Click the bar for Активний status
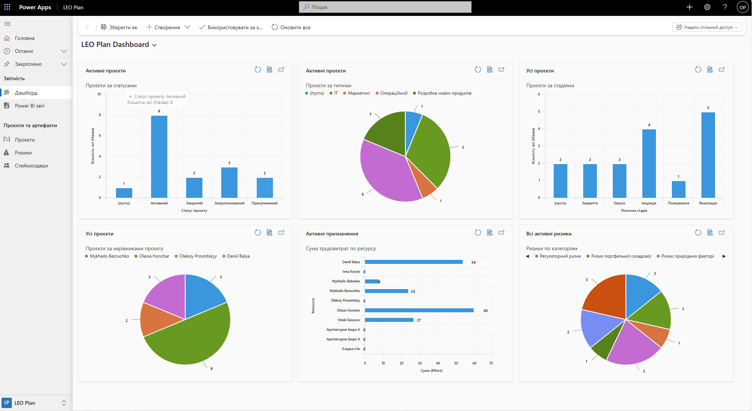click(159, 157)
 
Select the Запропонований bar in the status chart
click(229, 183)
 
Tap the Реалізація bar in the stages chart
click(708, 155)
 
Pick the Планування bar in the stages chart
click(678, 189)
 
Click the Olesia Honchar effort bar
click(419, 310)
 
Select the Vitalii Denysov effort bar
click(389, 320)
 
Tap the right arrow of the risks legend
click(724, 256)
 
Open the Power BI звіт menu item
click(30, 106)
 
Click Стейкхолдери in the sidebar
click(31, 166)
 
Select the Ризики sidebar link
click(23, 153)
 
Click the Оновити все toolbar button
click(291, 27)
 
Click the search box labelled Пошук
click(385, 7)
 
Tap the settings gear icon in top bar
click(707, 7)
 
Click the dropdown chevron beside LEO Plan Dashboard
click(154, 45)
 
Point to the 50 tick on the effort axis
click(456, 363)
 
